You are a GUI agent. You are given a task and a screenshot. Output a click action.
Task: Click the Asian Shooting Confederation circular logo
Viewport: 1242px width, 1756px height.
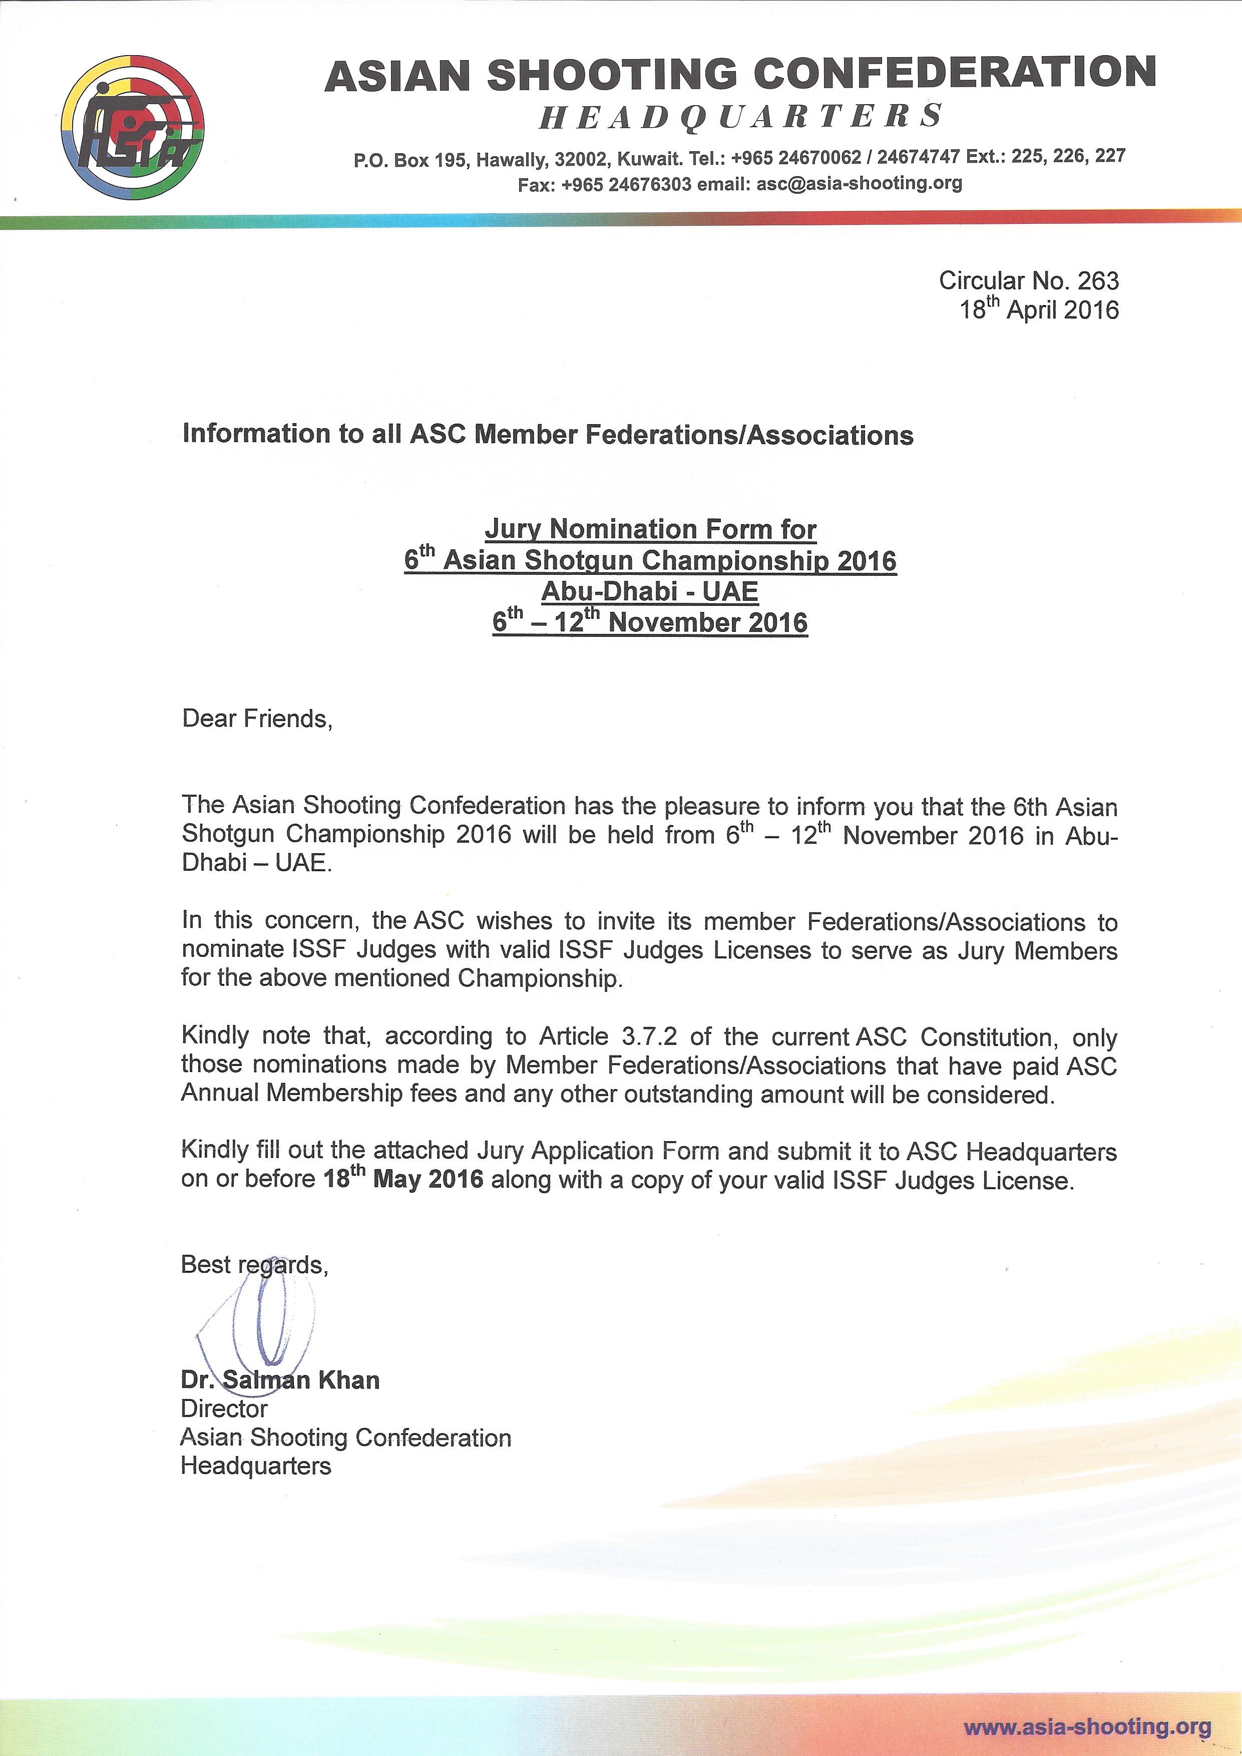tap(133, 128)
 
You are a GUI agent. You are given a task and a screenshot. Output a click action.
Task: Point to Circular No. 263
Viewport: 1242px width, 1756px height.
tap(1029, 281)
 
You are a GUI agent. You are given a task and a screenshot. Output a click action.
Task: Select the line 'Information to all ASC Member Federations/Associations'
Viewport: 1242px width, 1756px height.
tap(548, 435)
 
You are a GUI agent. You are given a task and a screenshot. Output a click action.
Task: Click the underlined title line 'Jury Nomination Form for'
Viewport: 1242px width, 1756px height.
tap(650, 529)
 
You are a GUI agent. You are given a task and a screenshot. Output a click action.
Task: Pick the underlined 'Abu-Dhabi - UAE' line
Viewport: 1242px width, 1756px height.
tap(650, 591)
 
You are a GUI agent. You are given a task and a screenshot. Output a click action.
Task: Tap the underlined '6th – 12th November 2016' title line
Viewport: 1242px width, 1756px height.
tap(650, 622)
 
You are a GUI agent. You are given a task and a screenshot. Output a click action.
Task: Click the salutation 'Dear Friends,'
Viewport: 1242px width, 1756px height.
tap(257, 719)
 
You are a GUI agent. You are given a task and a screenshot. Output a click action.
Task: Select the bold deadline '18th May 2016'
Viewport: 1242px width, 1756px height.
tap(403, 1179)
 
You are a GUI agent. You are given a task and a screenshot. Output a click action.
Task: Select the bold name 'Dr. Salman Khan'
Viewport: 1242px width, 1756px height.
tap(280, 1380)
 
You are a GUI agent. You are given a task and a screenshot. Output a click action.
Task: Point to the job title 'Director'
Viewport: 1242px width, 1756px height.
tap(224, 1409)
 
